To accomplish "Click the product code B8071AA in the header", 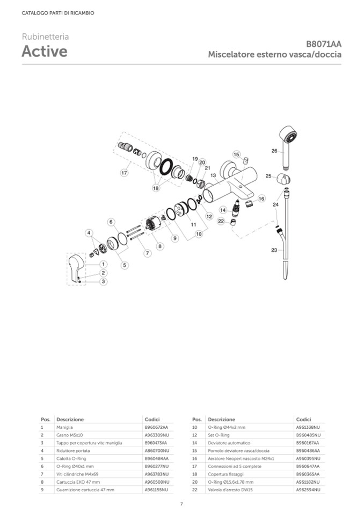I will click(324, 44).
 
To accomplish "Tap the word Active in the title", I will click(45, 52).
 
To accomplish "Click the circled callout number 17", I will click(124, 173).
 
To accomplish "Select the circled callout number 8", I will click(159, 246).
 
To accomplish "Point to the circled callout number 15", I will click(236, 154).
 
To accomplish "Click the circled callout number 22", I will click(221, 221).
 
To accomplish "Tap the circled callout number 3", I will click(104, 281).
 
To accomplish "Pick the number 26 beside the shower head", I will click(274, 151).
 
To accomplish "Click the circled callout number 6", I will click(111, 222).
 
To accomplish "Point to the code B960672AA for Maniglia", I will click(157, 427).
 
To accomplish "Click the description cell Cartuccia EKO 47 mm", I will click(78, 482).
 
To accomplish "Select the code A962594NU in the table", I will click(308, 490).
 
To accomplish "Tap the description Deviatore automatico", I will click(229, 442).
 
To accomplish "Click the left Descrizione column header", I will click(70, 419).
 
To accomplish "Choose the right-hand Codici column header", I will click(303, 419).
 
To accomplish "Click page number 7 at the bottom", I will click(181, 504).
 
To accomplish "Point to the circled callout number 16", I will click(261, 199).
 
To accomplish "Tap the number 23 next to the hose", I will click(274, 250).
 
